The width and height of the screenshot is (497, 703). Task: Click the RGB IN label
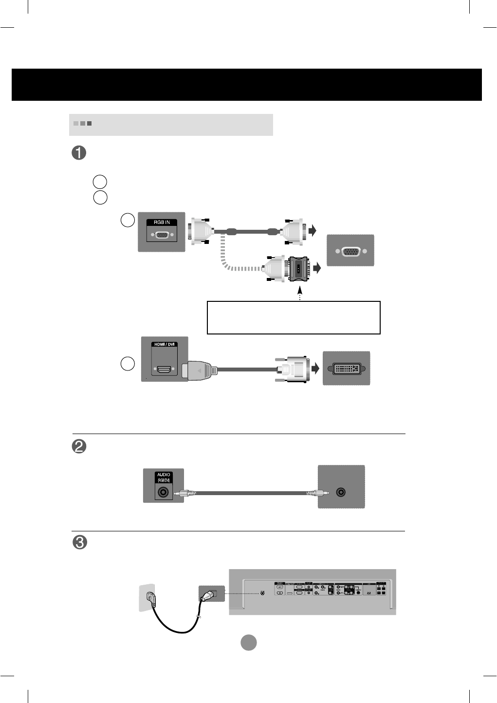(162, 222)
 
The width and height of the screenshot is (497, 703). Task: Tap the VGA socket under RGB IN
(162, 235)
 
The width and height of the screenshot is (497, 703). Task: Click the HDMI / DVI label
(164, 344)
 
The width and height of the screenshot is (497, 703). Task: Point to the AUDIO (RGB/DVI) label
(164, 477)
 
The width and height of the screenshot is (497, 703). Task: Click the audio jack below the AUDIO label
(164, 492)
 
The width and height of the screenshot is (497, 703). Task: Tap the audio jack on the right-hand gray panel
(341, 492)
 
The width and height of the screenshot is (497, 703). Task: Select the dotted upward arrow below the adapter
(300, 295)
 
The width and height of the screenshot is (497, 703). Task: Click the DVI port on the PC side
(346, 369)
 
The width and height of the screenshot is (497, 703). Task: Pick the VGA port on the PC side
(350, 251)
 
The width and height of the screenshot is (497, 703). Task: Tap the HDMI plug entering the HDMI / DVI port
(197, 370)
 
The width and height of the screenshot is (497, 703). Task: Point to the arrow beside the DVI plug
(315, 369)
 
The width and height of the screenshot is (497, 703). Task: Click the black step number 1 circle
(79, 153)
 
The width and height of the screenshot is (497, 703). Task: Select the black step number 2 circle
(79, 446)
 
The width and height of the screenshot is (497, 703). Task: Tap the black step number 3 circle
(79, 542)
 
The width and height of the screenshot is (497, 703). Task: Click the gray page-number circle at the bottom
(249, 643)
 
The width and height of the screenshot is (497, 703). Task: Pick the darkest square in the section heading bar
(90, 124)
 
